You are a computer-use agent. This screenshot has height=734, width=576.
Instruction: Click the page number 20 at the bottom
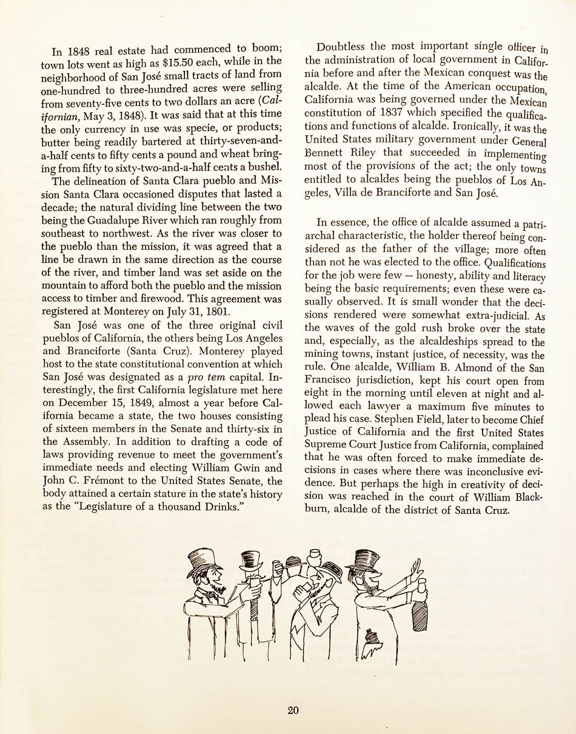point(293,710)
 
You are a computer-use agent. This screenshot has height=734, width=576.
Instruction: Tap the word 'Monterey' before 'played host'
point(221,351)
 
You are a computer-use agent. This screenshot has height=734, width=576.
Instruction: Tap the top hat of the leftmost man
point(202,561)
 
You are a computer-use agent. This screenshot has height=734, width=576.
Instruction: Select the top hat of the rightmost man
point(363,558)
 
